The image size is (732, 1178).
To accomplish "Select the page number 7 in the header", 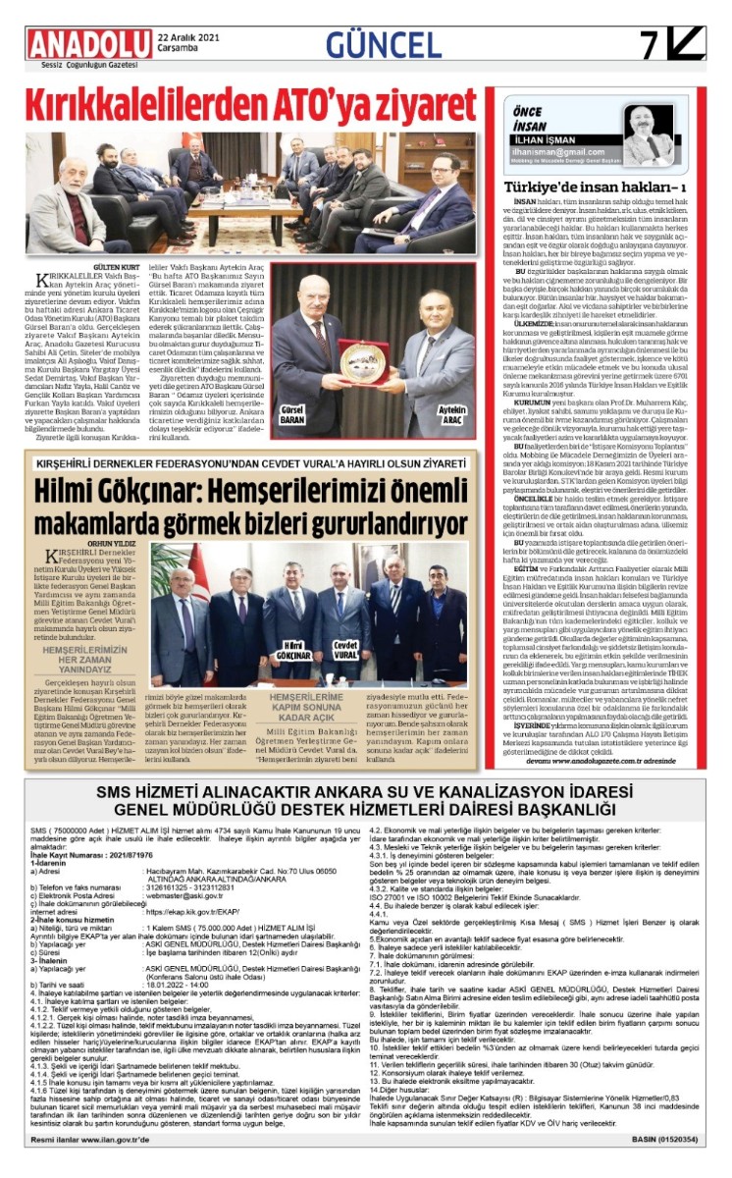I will [650, 45].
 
